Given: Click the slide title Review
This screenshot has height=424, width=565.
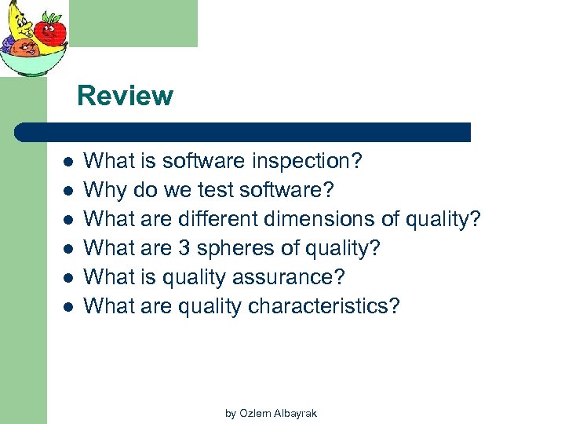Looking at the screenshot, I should [125, 96].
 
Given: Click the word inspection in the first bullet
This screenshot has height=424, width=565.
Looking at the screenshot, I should [307, 162].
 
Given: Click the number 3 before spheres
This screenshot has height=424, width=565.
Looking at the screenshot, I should [184, 248].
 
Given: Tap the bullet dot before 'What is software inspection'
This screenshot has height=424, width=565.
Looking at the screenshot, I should [68, 163].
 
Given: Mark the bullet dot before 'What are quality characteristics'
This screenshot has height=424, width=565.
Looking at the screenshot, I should [68, 307].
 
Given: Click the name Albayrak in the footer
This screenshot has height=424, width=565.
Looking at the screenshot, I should [293, 413].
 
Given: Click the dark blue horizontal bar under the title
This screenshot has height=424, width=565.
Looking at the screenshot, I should [243, 132].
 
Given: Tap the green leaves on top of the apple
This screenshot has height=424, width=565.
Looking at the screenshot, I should [52, 17].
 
